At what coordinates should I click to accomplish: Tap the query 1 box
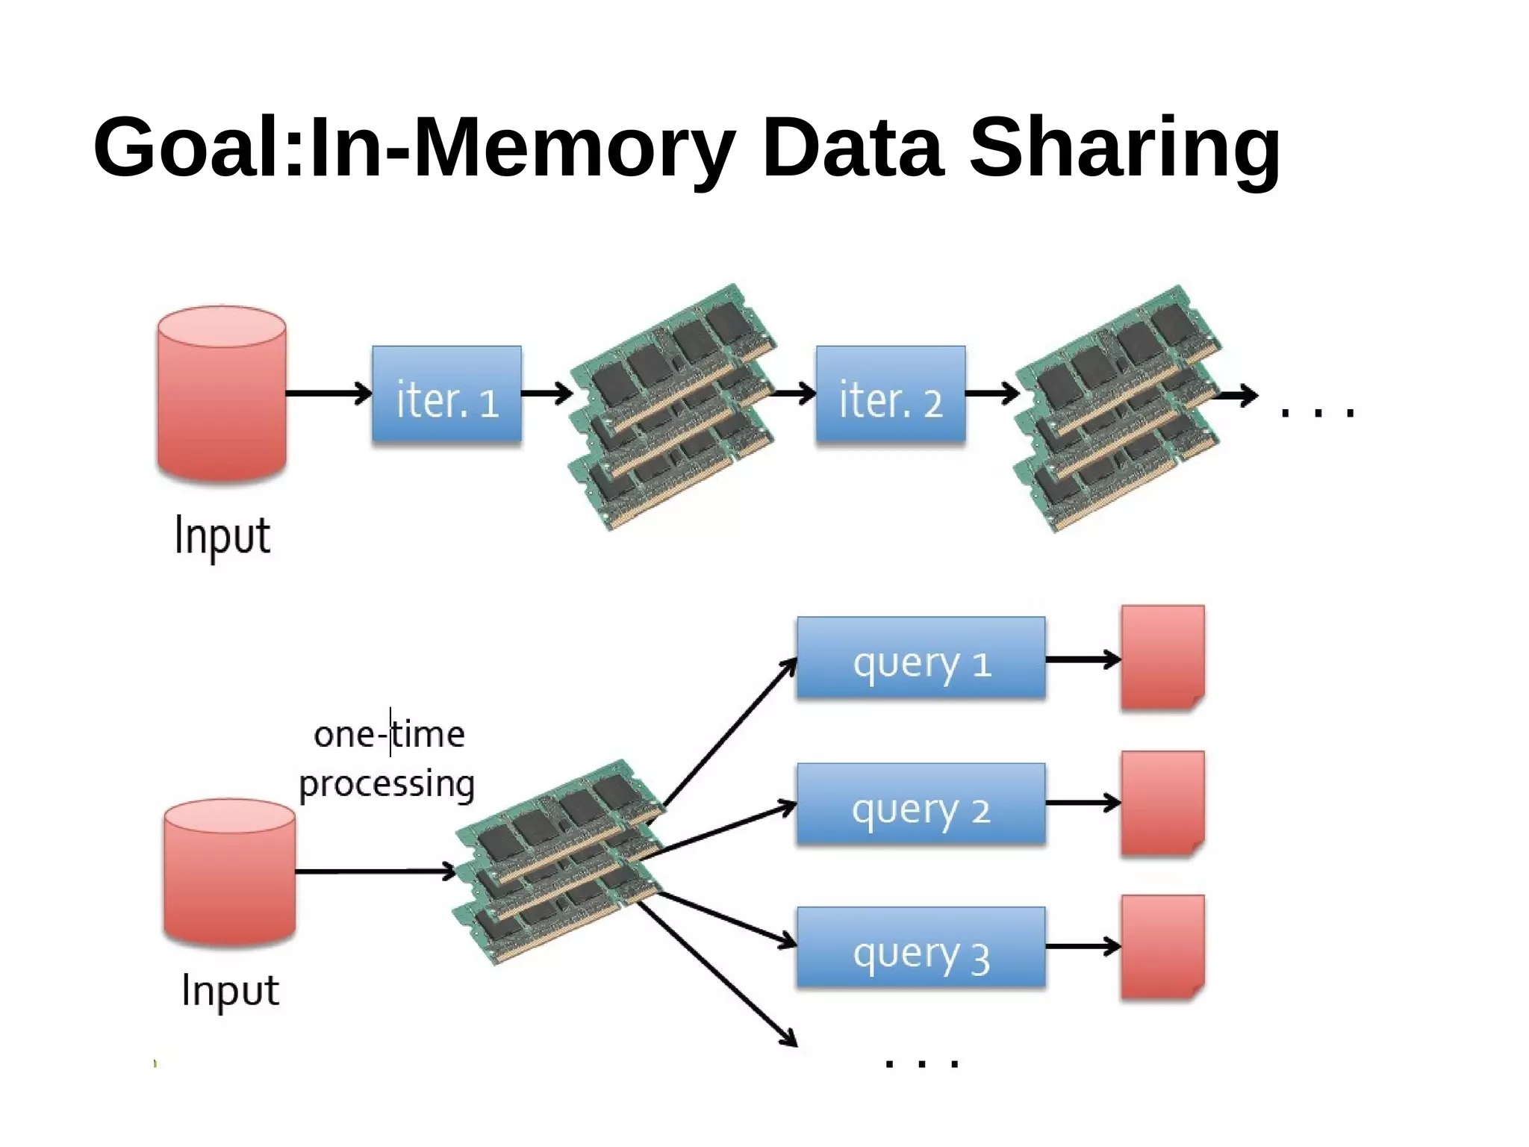(x=921, y=659)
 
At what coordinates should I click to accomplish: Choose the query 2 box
(x=921, y=804)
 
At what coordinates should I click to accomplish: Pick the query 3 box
(x=921, y=948)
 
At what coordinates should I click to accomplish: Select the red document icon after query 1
(x=1162, y=657)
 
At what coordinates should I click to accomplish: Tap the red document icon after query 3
(x=1162, y=947)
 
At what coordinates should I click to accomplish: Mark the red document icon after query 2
(x=1162, y=803)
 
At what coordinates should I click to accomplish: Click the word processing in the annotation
(x=387, y=784)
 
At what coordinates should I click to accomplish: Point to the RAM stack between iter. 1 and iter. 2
(x=672, y=407)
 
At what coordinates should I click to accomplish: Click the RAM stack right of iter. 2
(x=1116, y=408)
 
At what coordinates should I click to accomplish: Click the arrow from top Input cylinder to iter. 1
(x=328, y=393)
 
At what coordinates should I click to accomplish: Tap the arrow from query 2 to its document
(x=1083, y=803)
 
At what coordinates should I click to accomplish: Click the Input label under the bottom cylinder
(x=230, y=992)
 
